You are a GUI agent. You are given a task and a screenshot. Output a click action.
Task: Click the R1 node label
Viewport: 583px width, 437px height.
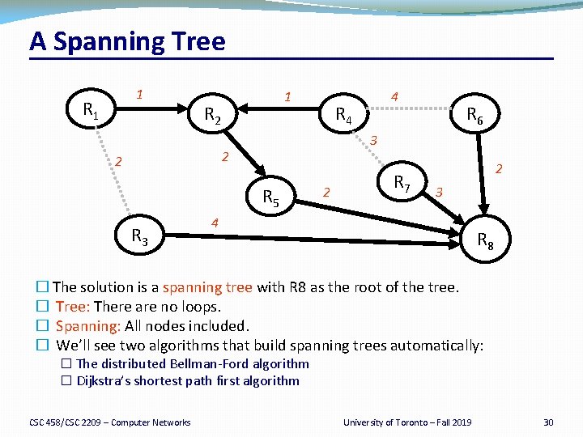pyautogui.click(x=91, y=110)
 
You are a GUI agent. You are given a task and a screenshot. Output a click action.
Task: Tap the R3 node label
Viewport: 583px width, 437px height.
pyautogui.click(x=139, y=236)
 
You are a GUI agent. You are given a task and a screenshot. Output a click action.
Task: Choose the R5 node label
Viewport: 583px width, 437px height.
pyautogui.click(x=271, y=197)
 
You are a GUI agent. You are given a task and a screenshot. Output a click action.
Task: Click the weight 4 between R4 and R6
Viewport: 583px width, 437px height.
pyautogui.click(x=394, y=96)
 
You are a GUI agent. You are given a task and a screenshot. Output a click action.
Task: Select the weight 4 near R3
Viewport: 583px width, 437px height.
pyautogui.click(x=214, y=223)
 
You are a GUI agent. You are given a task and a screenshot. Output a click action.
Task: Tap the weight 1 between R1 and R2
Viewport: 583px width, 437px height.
pyautogui.click(x=139, y=94)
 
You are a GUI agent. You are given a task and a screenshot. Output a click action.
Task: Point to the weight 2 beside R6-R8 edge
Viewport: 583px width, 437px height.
pyautogui.click(x=500, y=169)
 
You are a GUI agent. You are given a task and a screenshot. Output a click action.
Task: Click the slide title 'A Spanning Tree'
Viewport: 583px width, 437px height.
pyautogui.click(x=127, y=41)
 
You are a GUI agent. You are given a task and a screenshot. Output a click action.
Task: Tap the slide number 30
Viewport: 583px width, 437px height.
pyautogui.click(x=548, y=422)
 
